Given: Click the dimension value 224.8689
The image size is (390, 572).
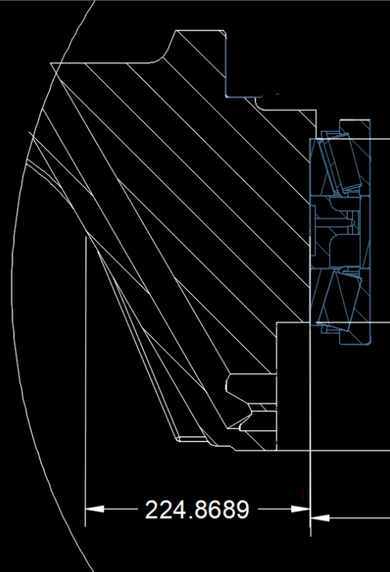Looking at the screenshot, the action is click(197, 509).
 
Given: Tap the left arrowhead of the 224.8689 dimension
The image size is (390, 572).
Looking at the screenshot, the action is click(94, 509).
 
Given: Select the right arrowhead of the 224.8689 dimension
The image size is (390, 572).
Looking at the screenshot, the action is click(301, 509).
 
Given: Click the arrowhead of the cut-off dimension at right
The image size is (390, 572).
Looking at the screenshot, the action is click(320, 517).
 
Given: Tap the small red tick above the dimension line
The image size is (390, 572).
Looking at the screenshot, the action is click(302, 495).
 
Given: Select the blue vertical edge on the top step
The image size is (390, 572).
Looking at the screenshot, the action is click(226, 65).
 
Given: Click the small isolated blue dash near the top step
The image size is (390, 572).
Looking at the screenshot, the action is click(277, 94).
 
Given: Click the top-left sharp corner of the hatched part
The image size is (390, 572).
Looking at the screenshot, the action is click(50, 63).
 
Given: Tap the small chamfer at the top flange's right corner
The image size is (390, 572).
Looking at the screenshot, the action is click(224, 33).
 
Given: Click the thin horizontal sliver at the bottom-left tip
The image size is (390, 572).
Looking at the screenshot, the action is click(191, 439).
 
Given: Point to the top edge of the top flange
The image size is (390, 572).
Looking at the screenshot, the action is click(199, 30).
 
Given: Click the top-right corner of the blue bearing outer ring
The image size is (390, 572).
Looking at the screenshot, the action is click(370, 120).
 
